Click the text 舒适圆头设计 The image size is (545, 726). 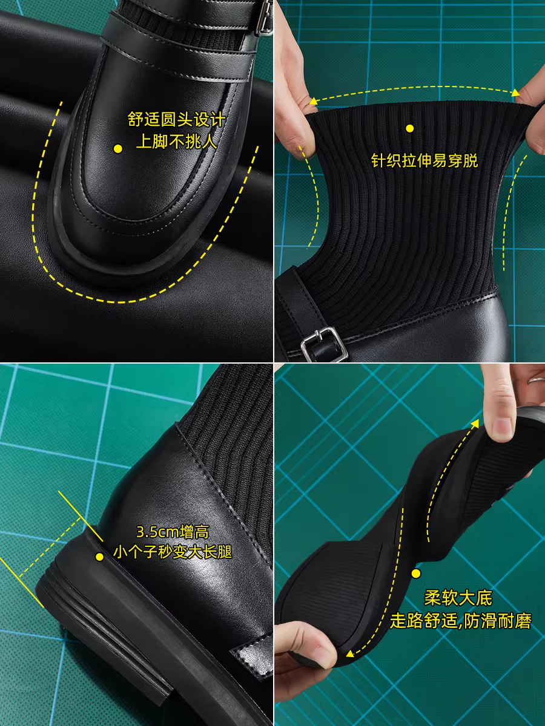pos(176,119)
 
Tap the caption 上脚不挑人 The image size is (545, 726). pos(176,142)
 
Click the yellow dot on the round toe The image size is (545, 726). pos(118,149)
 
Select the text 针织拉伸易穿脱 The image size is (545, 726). pos(424,161)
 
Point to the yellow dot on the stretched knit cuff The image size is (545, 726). pos(410,128)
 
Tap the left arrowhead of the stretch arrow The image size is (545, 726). pos(312,101)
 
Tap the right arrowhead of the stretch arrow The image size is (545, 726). pos(516,93)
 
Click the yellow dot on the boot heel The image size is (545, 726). pos(99,557)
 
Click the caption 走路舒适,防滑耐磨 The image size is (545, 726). pos(460,621)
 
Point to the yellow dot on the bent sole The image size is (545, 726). pos(415,573)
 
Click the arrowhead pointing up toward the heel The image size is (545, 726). pos(475,423)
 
